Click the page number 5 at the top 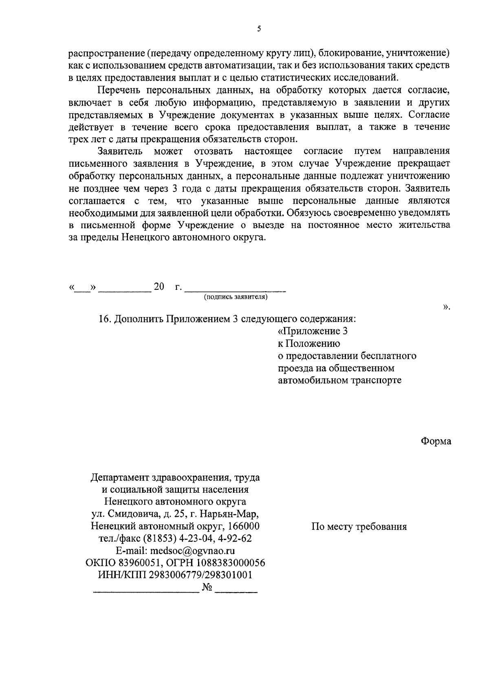tap(259, 29)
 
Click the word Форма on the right tap(436, 441)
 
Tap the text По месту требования tap(359, 527)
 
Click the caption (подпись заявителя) tap(236, 297)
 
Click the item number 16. tap(104, 319)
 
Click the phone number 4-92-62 tap(238, 539)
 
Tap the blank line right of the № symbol tap(236, 591)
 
